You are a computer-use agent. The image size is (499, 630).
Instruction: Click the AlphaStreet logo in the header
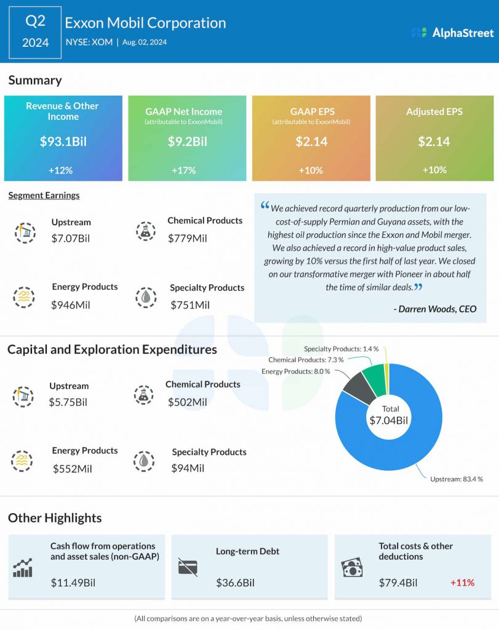[x=452, y=33]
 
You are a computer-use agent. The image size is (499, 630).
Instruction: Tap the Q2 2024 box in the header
[x=35, y=32]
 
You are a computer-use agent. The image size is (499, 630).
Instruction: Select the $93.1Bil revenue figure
[x=63, y=142]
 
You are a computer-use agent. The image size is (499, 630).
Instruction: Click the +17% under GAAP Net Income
[x=183, y=170]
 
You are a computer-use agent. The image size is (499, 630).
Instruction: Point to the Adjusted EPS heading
[x=434, y=111]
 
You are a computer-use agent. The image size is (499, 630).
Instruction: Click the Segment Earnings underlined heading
[x=44, y=195]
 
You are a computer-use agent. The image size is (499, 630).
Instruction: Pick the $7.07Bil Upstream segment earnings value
[x=71, y=238]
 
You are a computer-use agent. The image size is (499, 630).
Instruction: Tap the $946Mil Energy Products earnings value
[x=71, y=305]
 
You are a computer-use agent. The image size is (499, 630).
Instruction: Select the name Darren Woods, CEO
[x=435, y=309]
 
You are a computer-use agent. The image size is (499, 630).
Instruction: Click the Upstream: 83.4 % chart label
[x=457, y=479]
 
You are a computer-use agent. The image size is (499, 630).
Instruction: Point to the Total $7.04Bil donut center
[x=389, y=415]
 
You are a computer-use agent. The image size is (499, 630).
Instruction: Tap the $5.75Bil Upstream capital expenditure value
[x=68, y=402]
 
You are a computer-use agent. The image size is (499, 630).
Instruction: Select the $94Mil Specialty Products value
[x=188, y=468]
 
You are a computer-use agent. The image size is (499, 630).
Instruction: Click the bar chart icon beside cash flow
[x=23, y=568]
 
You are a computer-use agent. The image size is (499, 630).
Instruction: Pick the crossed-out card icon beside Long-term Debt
[x=188, y=567]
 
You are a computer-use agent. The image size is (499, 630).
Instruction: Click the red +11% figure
[x=463, y=583]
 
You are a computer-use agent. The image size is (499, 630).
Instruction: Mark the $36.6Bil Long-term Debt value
[x=236, y=583]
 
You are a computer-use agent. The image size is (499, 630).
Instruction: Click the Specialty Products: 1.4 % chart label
[x=341, y=349]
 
